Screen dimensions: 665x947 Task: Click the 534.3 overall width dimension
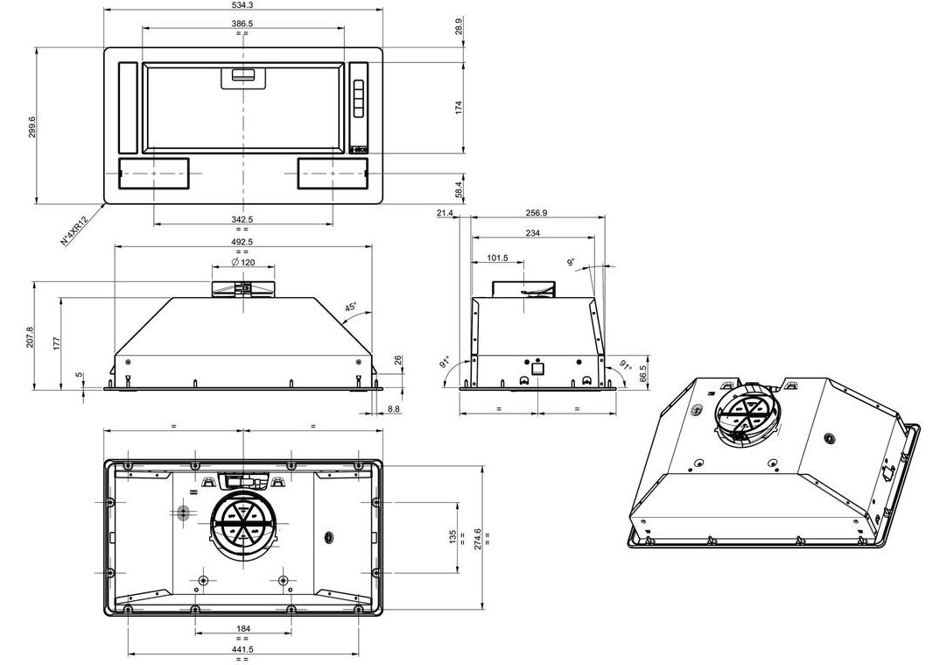(243, 5)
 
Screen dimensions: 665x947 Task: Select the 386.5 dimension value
(243, 24)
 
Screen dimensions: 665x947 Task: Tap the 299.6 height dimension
(32, 127)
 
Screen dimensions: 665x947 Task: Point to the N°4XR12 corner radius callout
(74, 230)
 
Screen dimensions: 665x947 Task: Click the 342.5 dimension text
(242, 219)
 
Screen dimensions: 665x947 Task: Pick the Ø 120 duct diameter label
(242, 263)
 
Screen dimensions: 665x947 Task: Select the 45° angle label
(351, 308)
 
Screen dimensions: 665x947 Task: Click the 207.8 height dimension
(31, 336)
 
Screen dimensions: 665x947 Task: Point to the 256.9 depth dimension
(537, 213)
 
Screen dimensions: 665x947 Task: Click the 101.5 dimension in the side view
(497, 258)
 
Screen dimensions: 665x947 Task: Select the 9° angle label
(571, 262)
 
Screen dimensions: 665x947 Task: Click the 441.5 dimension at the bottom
(242, 649)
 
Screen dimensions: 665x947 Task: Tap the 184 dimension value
(242, 629)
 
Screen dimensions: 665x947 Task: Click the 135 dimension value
(452, 536)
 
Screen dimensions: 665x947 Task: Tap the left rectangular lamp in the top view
(154, 173)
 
